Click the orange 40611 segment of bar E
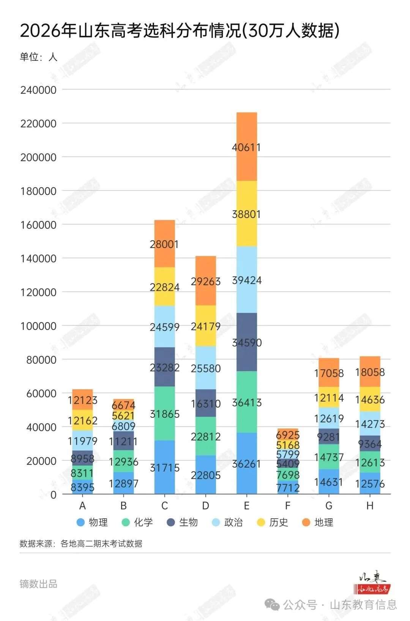coord(247,147)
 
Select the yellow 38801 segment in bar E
coord(247,213)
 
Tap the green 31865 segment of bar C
coord(164,413)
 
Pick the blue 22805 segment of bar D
coord(205,475)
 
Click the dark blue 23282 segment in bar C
coord(164,367)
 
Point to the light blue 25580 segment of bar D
coord(205,368)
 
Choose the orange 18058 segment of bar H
coord(370,372)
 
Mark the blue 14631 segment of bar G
coord(329,481)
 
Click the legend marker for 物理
coord(80,522)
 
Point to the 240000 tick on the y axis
coord(38,90)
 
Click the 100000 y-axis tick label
coord(38,326)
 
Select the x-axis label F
coord(288,506)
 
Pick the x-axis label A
coord(82,506)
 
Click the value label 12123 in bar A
coord(82,400)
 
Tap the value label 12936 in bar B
coord(123,462)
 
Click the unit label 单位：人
coord(38,57)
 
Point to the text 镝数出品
coord(38,584)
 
